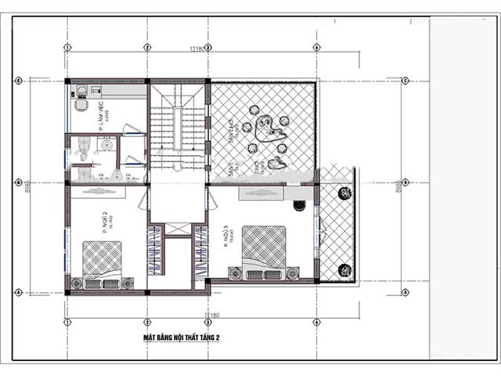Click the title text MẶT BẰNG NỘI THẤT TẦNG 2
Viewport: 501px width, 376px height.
(181, 338)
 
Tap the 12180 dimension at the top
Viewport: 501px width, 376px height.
(197, 49)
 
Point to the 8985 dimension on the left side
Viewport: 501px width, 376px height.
(28, 186)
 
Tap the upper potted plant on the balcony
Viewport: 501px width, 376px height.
(344, 193)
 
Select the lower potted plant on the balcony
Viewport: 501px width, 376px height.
(344, 270)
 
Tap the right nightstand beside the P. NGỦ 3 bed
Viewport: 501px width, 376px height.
(292, 273)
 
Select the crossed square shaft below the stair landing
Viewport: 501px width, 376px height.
(178, 230)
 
